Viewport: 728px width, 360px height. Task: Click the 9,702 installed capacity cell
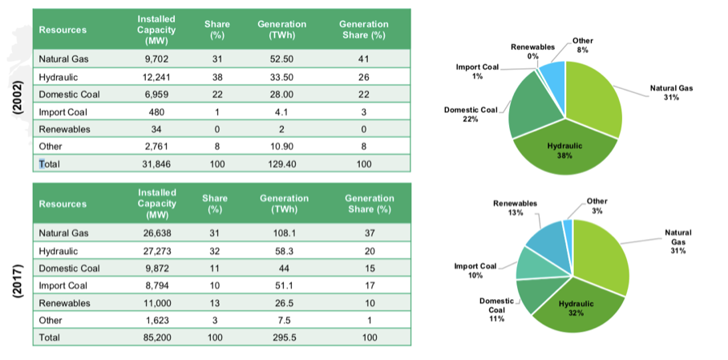click(x=156, y=59)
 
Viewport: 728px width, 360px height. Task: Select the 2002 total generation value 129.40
click(x=281, y=164)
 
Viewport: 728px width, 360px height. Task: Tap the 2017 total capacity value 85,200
click(x=156, y=338)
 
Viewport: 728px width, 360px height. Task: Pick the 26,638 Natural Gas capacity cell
click(x=156, y=233)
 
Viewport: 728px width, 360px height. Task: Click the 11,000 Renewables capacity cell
click(x=156, y=303)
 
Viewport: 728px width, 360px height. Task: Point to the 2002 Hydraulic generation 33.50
click(x=281, y=77)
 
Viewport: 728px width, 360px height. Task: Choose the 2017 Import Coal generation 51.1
click(x=284, y=285)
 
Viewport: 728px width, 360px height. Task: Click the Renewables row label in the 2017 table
click(x=64, y=303)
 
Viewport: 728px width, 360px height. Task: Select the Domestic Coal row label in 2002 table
click(x=69, y=95)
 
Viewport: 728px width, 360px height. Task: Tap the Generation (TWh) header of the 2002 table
click(x=282, y=30)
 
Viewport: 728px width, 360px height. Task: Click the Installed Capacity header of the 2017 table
click(x=156, y=204)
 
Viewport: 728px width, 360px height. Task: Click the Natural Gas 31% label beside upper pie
click(x=671, y=93)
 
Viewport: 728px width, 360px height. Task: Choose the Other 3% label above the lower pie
click(x=597, y=206)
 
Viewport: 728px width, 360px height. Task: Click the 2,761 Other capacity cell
click(x=156, y=146)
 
